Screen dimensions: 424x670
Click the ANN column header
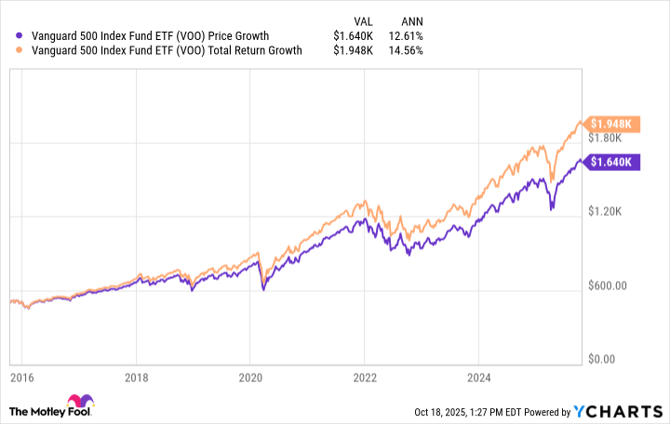pos(410,20)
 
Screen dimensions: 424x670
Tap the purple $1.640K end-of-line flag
pos(614,161)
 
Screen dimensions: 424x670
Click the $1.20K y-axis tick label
pos(610,213)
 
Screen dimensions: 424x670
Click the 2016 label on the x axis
pos(22,378)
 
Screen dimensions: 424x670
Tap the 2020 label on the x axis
pos(249,378)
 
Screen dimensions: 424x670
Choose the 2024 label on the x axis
pos(477,378)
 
